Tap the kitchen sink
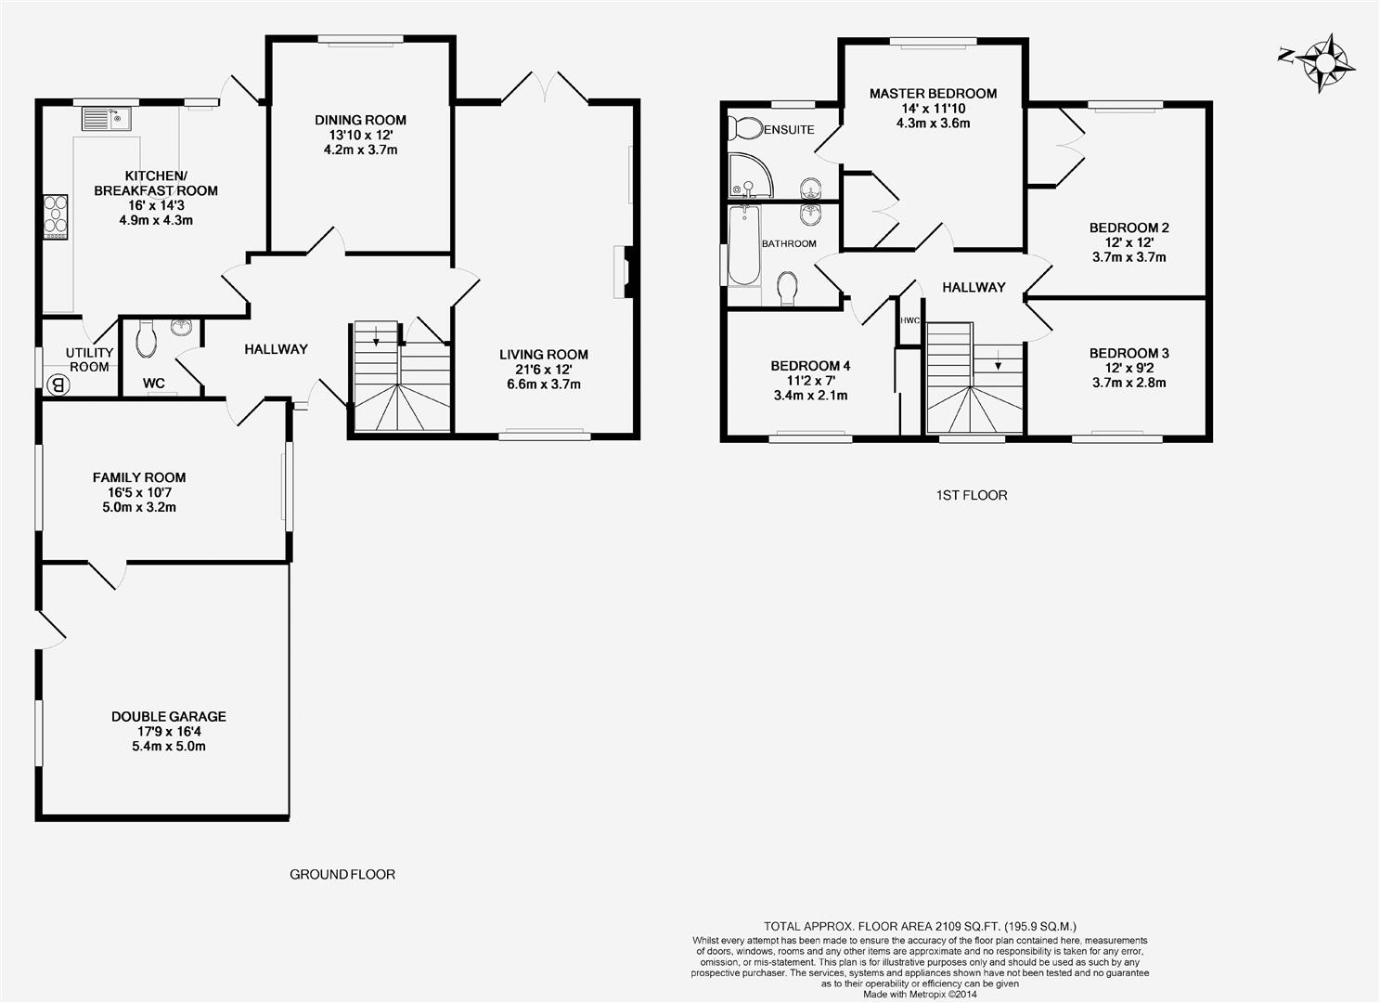(106, 119)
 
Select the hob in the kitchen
(55, 217)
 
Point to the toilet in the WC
(147, 338)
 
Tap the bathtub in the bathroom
(744, 245)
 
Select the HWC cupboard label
(909, 320)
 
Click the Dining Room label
(360, 120)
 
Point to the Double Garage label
(169, 716)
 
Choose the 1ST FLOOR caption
(972, 495)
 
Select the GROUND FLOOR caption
(342, 874)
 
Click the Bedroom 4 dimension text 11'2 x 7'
(810, 381)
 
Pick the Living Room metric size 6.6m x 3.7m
(544, 384)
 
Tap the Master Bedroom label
(934, 94)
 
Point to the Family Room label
(139, 477)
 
